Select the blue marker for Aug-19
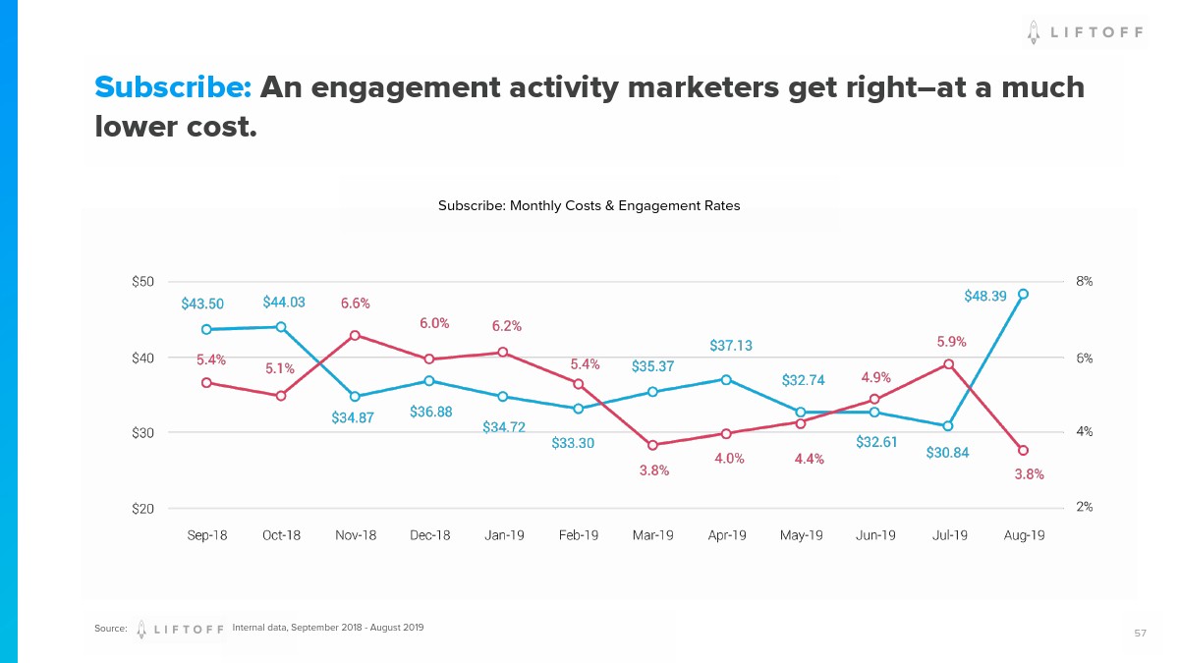[x=1023, y=294]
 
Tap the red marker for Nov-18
[x=355, y=335]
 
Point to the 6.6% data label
[x=356, y=304]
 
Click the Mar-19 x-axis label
[x=652, y=535]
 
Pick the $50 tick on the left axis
[x=143, y=282]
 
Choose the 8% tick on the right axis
[x=1085, y=281]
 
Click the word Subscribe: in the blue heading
[x=174, y=87]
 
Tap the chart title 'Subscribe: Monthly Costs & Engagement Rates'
[x=589, y=206]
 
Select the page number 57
[x=1140, y=634]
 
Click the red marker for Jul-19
[x=948, y=364]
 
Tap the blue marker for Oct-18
[x=281, y=327]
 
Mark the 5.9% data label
[x=951, y=342]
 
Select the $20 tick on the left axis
[x=143, y=509]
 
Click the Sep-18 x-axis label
[x=206, y=535]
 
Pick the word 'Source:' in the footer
[x=111, y=629]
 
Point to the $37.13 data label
[x=731, y=346]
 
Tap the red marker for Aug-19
[x=1023, y=450]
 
